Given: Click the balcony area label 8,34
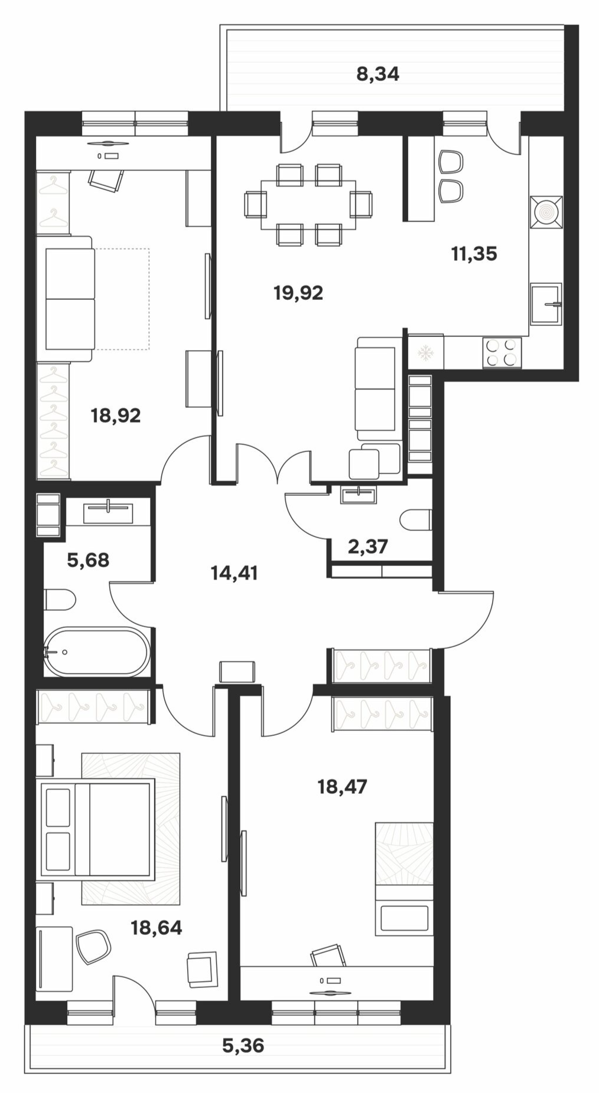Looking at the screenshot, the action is [x=378, y=74].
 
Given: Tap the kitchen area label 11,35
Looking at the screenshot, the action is [x=474, y=254].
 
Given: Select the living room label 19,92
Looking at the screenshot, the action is [x=298, y=293].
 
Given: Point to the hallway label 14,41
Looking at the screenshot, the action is [x=235, y=573].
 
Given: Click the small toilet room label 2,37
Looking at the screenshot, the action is [x=368, y=546].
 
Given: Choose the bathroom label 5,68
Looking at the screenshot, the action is [x=88, y=559].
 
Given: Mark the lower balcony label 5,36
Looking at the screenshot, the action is [x=243, y=1046].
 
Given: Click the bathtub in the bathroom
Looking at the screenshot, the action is [x=97, y=652].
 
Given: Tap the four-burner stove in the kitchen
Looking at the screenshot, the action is [x=502, y=352].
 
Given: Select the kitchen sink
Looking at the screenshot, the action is [x=546, y=304].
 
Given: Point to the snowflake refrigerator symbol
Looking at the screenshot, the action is [x=426, y=353].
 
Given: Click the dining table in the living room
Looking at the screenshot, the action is [x=308, y=205].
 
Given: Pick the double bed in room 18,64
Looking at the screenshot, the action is [x=95, y=827].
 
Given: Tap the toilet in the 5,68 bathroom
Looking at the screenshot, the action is [x=60, y=601].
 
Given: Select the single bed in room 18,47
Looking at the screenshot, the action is [x=405, y=879].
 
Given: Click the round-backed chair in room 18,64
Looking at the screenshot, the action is [x=93, y=947].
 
